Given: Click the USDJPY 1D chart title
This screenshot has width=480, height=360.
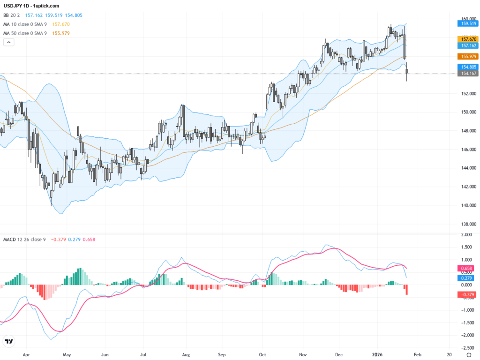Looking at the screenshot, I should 31,6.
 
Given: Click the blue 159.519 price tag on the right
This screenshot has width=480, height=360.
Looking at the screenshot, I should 467,22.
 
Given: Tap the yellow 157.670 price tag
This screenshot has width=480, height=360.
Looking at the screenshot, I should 467,39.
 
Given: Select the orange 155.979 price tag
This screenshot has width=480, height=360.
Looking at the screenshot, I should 467,56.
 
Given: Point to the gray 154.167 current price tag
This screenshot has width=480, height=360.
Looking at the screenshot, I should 467,74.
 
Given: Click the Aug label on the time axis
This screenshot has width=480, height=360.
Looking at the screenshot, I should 186,355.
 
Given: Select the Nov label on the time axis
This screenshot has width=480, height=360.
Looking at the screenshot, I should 303,355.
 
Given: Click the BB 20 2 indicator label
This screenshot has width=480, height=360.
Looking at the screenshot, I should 13,15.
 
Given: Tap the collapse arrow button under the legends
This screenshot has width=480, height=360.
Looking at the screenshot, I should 9,42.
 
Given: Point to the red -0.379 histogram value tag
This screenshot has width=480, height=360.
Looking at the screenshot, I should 467,294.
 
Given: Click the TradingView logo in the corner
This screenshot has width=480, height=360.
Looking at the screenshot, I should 8,341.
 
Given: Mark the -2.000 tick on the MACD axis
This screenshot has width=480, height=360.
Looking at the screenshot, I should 467,335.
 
